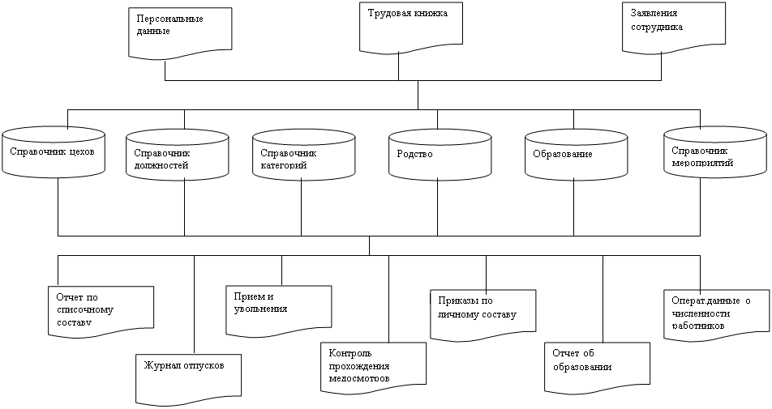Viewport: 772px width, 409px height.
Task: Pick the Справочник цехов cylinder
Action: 54,151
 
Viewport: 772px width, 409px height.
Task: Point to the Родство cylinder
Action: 439,153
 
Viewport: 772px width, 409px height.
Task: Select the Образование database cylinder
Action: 574,153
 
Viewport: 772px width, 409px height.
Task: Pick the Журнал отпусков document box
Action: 188,376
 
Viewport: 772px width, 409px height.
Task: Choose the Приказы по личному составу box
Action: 483,311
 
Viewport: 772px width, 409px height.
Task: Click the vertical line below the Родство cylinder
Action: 438,207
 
